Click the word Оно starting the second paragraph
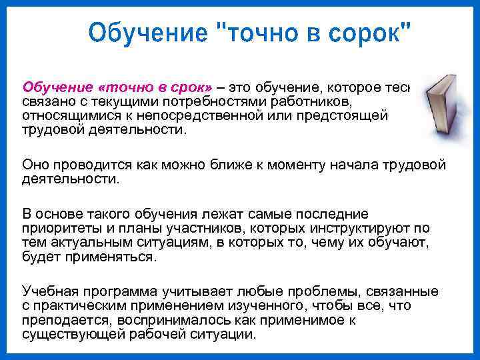[35, 164]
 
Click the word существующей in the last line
[69, 335]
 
